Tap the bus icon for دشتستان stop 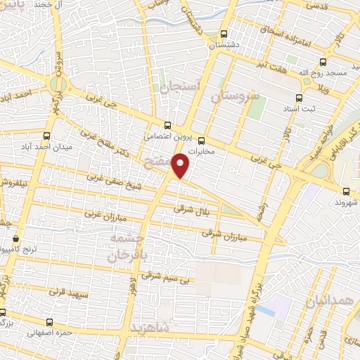pos(224,34)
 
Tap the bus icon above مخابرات pos(201,139)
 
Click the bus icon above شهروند pos(345,191)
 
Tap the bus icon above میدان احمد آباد pos(46,136)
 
